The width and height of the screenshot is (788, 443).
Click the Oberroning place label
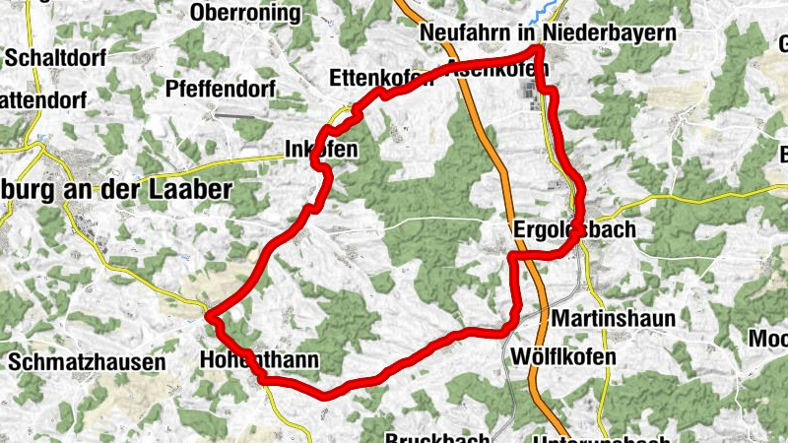(246, 12)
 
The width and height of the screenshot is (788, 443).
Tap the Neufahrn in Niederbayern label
(548, 32)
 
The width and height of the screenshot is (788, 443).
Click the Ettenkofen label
(380, 78)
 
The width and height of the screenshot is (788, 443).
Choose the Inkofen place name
(320, 150)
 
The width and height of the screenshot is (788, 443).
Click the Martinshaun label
(614, 319)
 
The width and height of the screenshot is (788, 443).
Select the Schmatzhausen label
(87, 362)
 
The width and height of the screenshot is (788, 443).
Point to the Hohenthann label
(259, 360)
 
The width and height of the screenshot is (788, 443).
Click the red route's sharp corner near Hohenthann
(210, 315)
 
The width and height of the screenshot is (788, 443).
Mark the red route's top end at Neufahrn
(540, 48)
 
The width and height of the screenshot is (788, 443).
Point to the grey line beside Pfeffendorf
(235, 115)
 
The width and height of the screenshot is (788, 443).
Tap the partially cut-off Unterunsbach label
(601, 439)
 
